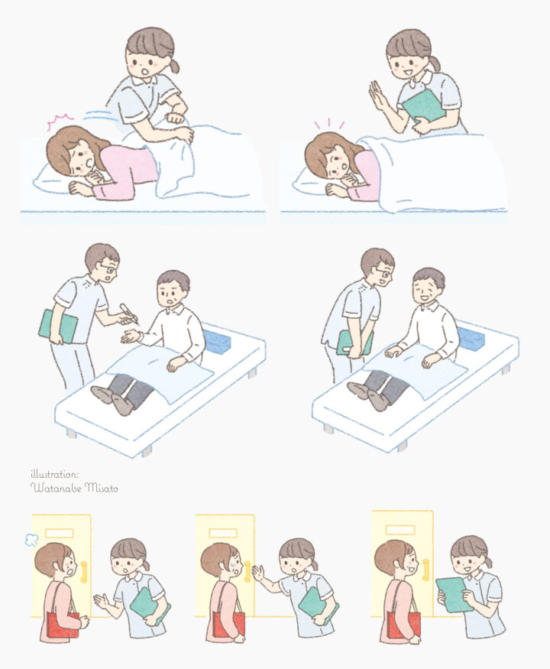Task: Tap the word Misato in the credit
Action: (x=102, y=488)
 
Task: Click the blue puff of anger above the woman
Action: (x=31, y=540)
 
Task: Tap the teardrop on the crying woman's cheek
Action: (x=233, y=566)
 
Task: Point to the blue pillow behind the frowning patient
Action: (x=218, y=339)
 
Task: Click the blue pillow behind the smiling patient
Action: (x=471, y=337)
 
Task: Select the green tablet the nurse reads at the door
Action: (x=454, y=595)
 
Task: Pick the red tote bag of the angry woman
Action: (x=63, y=625)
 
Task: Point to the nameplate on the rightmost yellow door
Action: (x=400, y=530)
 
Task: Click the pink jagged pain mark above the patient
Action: (x=60, y=120)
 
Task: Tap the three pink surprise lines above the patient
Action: (x=328, y=124)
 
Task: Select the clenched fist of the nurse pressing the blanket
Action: (x=175, y=118)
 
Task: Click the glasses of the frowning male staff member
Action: (x=108, y=269)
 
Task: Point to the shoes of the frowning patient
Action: (x=112, y=400)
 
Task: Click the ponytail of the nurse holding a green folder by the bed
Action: (x=435, y=63)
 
